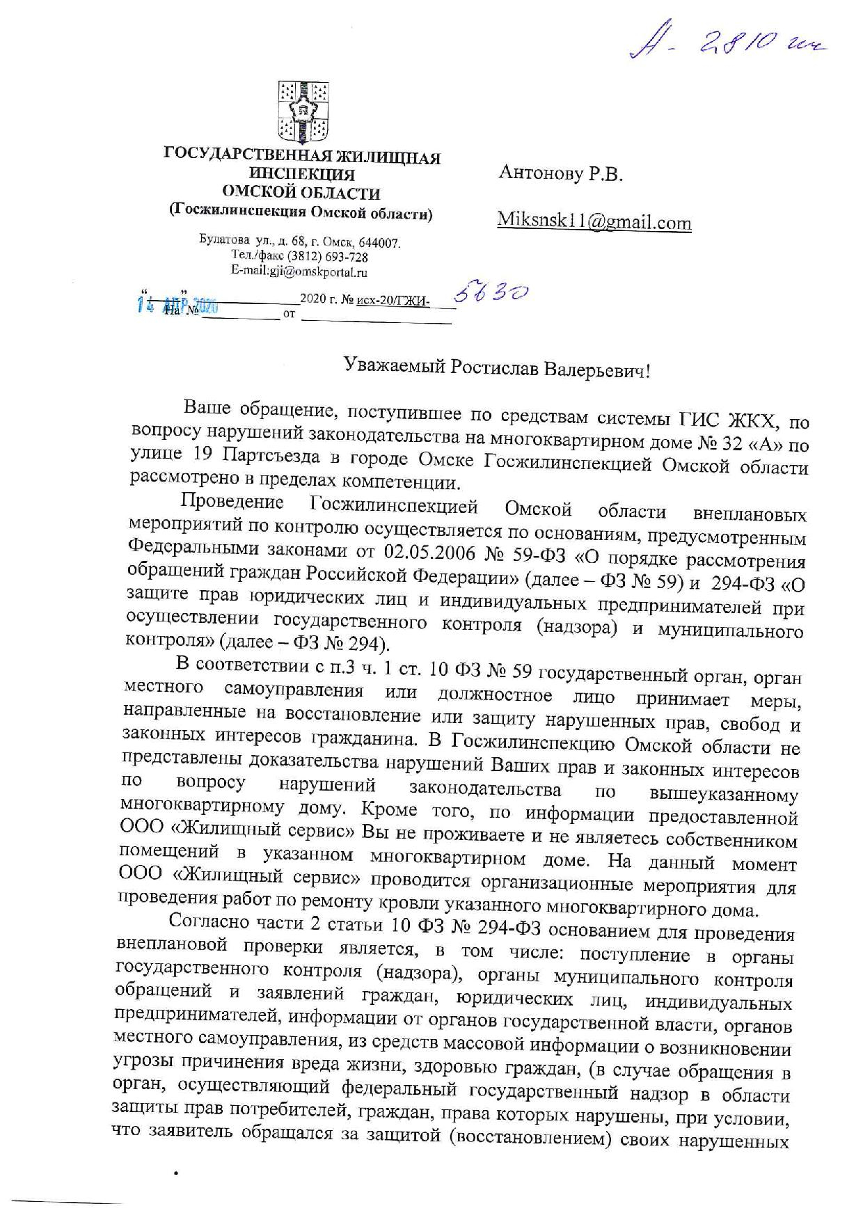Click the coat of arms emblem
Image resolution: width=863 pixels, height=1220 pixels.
coord(303,110)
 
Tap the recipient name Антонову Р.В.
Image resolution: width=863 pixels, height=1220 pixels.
coord(561,174)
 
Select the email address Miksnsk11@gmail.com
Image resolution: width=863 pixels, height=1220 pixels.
coord(594,222)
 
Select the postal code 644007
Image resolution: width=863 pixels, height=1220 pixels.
coord(381,244)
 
